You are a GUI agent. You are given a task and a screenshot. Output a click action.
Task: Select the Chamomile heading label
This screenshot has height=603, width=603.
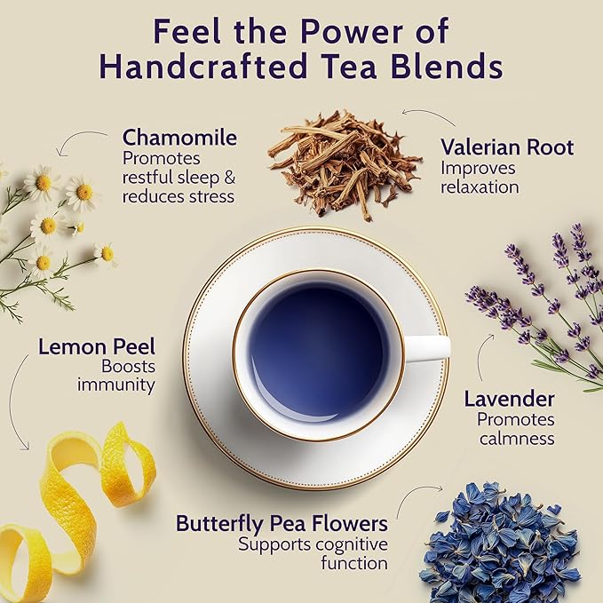[179, 138]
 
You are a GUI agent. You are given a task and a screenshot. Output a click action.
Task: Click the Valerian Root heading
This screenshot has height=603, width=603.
[507, 147]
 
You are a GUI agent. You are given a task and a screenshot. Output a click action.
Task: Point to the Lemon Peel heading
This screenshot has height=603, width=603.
[97, 345]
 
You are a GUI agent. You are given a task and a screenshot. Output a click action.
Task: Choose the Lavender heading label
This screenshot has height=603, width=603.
[509, 400]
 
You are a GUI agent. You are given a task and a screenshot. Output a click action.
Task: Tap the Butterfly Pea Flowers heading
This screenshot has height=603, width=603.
[282, 523]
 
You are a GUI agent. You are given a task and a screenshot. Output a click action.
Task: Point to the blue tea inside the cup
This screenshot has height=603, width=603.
[318, 351]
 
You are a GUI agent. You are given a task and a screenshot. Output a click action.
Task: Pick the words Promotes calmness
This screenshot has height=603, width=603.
[515, 429]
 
